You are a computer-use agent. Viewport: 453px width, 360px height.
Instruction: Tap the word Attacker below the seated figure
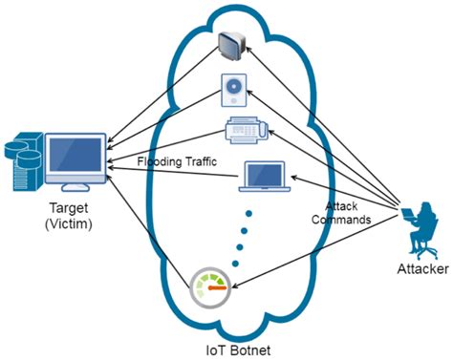coord(417,270)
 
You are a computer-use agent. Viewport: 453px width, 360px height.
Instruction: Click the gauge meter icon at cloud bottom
coord(210,286)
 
